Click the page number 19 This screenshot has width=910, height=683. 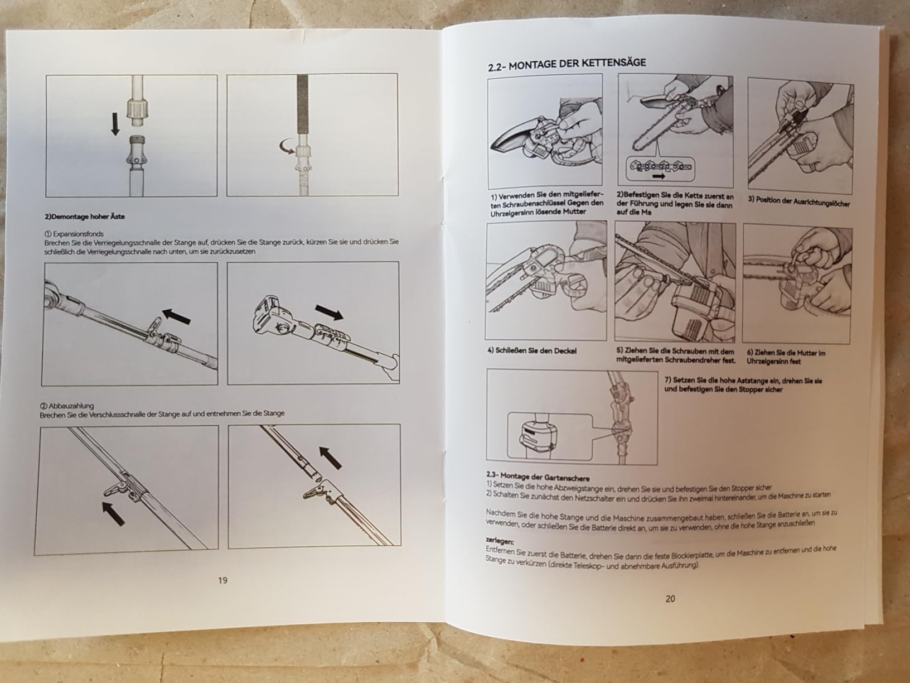pos(222,580)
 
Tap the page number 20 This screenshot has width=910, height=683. pos(670,598)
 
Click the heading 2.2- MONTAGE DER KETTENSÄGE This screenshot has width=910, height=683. pos(567,64)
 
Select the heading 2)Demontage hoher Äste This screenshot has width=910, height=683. pos(85,217)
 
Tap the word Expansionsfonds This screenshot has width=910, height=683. pos(79,234)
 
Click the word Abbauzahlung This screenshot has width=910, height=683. pos(71,406)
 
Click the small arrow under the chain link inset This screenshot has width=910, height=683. pos(659,176)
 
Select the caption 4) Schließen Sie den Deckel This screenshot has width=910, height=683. pos(532,351)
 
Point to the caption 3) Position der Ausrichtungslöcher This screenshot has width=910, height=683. pos(799,201)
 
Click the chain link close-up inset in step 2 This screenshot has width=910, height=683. pos(660,169)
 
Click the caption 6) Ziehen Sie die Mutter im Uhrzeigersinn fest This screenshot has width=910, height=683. pos(786,357)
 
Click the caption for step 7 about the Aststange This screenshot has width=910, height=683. pos(743,384)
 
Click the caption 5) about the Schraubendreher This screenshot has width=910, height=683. pos(676,355)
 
